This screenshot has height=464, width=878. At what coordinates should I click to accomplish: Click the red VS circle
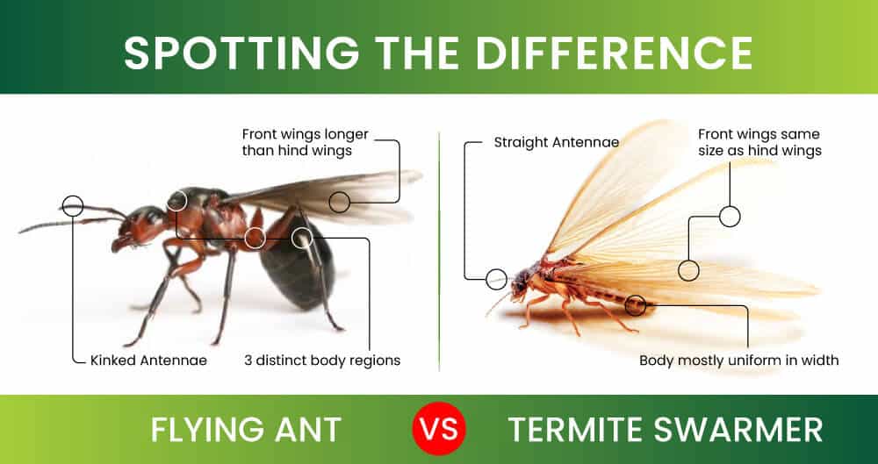coord(439,430)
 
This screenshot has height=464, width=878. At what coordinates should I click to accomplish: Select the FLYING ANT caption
coord(246,430)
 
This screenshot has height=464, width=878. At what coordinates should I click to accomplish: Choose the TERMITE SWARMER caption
coord(666,430)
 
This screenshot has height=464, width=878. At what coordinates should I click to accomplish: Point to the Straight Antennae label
coord(557,141)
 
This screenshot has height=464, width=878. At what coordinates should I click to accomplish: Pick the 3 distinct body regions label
coord(322,360)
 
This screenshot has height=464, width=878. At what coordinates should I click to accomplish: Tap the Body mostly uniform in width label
coord(738,360)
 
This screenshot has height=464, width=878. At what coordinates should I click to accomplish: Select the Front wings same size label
coord(759,142)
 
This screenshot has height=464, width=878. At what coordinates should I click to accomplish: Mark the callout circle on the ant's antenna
coord(73,206)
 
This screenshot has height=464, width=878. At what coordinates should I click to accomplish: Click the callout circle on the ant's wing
coord(340,203)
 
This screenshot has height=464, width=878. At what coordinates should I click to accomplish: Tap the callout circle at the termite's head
coord(496,279)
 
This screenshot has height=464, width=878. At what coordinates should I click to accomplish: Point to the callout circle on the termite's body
coord(636,305)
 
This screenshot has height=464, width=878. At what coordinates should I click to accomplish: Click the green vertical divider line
coord(439,246)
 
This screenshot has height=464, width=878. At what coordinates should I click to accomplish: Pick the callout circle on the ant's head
coord(177,200)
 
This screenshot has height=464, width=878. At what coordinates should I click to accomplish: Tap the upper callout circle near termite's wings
coord(730,216)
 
